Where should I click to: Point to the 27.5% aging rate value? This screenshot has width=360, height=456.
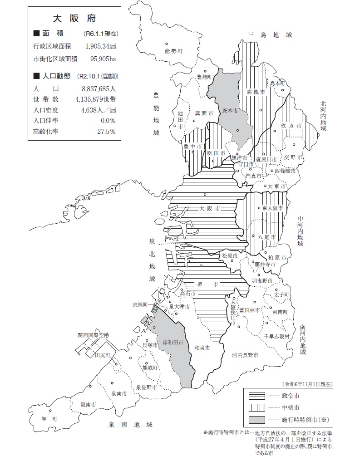tap(106, 132)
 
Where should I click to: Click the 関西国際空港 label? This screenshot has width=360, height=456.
tap(93, 335)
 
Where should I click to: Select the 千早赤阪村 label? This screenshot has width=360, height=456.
tap(276, 336)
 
